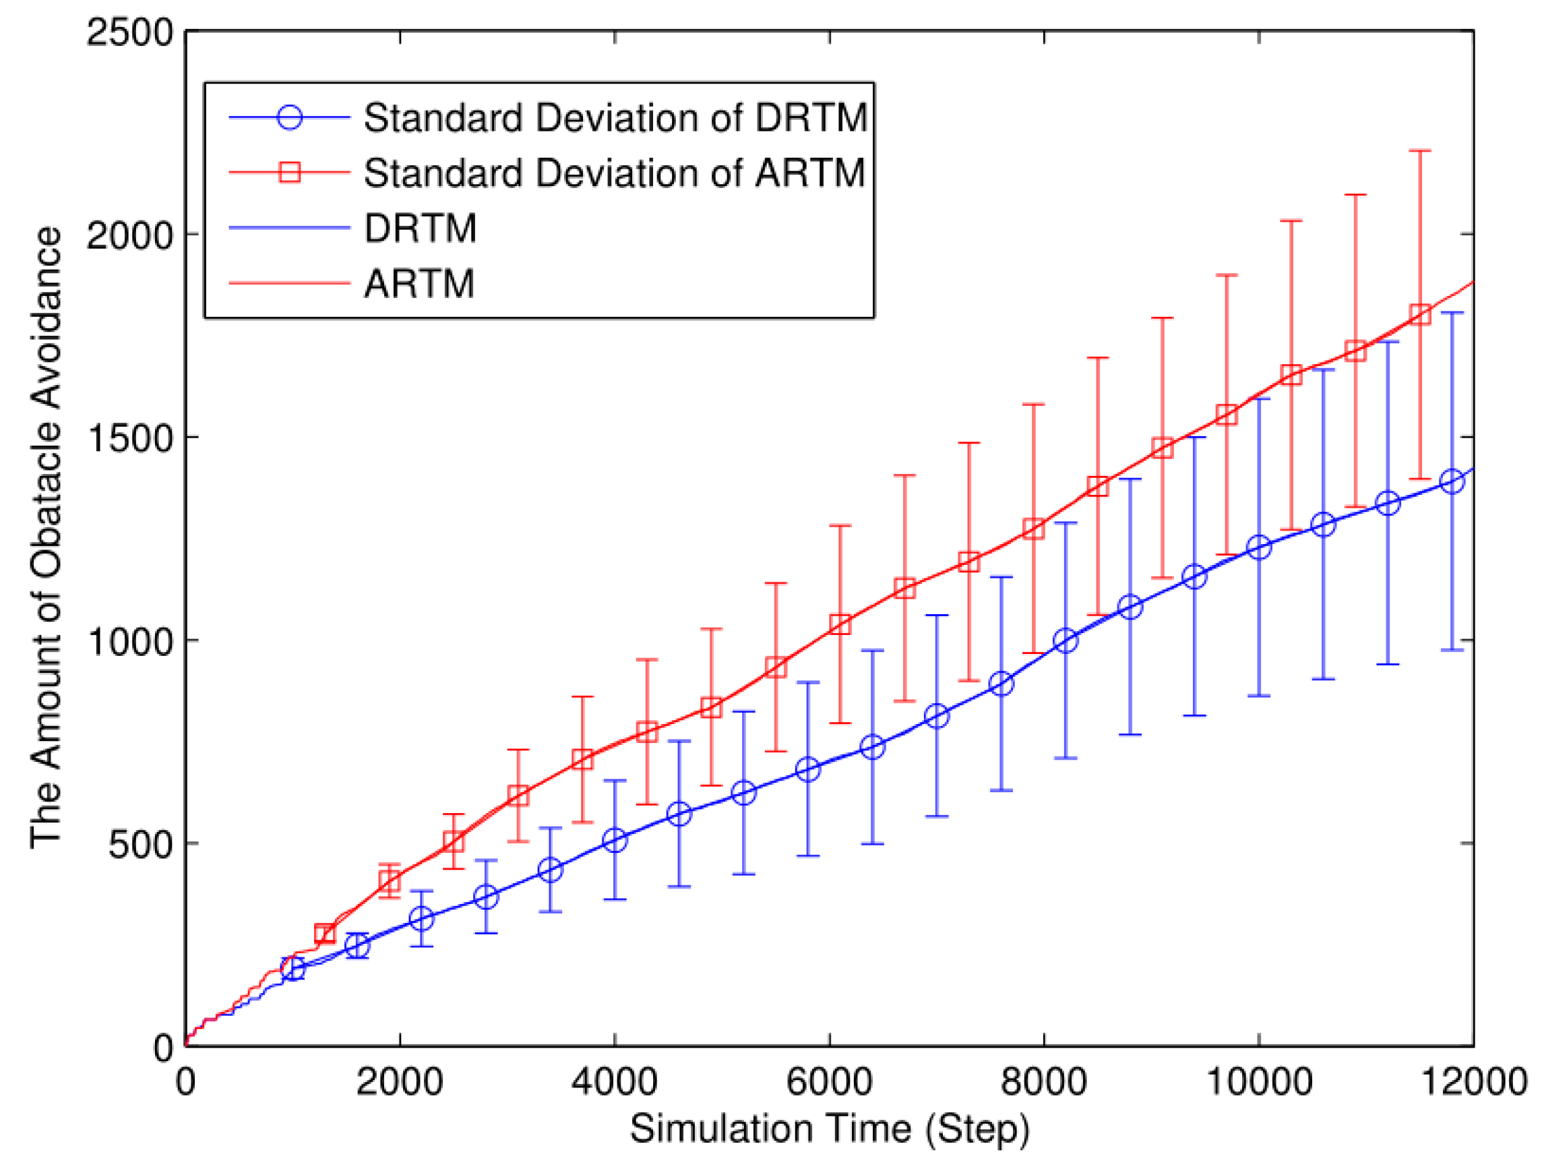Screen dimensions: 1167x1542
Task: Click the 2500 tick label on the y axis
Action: (x=129, y=33)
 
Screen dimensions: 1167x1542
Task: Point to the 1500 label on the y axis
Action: (x=129, y=438)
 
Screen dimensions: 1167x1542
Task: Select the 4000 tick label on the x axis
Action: (x=614, y=1083)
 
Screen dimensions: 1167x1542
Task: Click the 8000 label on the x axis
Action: (x=1043, y=1083)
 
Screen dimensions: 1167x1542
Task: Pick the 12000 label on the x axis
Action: (x=1473, y=1083)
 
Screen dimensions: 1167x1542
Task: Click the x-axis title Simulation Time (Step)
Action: (x=830, y=1129)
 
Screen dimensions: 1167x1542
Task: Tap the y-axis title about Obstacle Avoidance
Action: (x=46, y=537)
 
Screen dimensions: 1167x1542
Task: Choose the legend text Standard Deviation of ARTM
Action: (x=614, y=173)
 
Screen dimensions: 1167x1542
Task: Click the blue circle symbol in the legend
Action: (x=289, y=117)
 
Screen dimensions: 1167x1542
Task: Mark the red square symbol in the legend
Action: (x=289, y=172)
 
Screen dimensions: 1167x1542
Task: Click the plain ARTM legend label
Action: (x=419, y=284)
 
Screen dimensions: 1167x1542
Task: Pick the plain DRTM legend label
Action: (x=421, y=228)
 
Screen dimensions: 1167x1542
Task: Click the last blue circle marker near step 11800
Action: (x=1452, y=481)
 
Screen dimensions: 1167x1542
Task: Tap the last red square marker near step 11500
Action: (x=1420, y=314)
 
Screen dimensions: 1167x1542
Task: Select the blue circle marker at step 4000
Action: (x=614, y=840)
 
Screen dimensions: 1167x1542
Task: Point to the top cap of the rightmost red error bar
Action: (x=1420, y=150)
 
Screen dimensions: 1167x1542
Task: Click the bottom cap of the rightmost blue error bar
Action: (x=1452, y=651)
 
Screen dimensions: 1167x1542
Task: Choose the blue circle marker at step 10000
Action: (x=1258, y=547)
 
